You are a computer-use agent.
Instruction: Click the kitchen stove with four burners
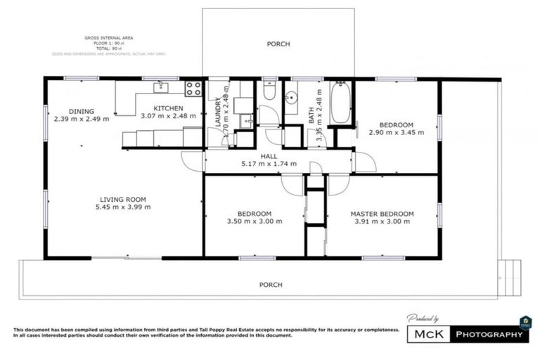pos(193,89)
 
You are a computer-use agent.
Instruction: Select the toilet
pos(269,91)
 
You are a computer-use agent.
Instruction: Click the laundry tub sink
pos(246,121)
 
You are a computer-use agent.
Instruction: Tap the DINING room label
pos(81,110)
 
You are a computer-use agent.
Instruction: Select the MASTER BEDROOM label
pos(382,214)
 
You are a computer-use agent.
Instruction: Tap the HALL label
pos(269,155)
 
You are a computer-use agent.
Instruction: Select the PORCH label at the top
pos(278,44)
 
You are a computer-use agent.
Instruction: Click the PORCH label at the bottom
pos(271,285)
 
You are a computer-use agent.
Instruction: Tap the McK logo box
pos(429,334)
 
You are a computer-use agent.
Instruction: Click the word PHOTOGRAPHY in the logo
pos(490,334)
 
